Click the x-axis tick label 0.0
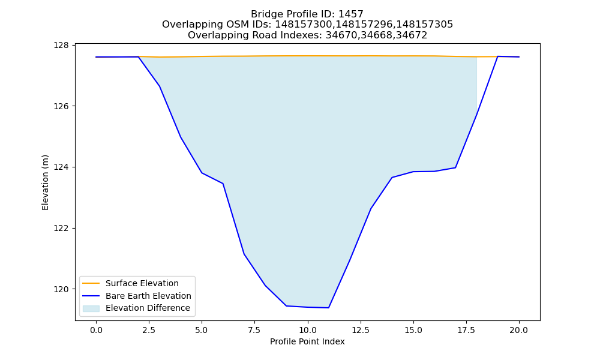(96, 330)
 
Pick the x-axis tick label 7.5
(254, 330)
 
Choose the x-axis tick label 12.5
(361, 330)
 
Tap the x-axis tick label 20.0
(519, 330)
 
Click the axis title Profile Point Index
(307, 341)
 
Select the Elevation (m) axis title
(45, 182)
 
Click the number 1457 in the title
(351, 14)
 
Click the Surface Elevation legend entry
(130, 283)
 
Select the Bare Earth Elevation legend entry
(137, 296)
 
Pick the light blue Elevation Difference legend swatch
(91, 308)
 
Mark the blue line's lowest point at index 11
(328, 308)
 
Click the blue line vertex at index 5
(202, 173)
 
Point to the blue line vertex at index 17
(455, 167)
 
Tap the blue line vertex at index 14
(392, 178)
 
